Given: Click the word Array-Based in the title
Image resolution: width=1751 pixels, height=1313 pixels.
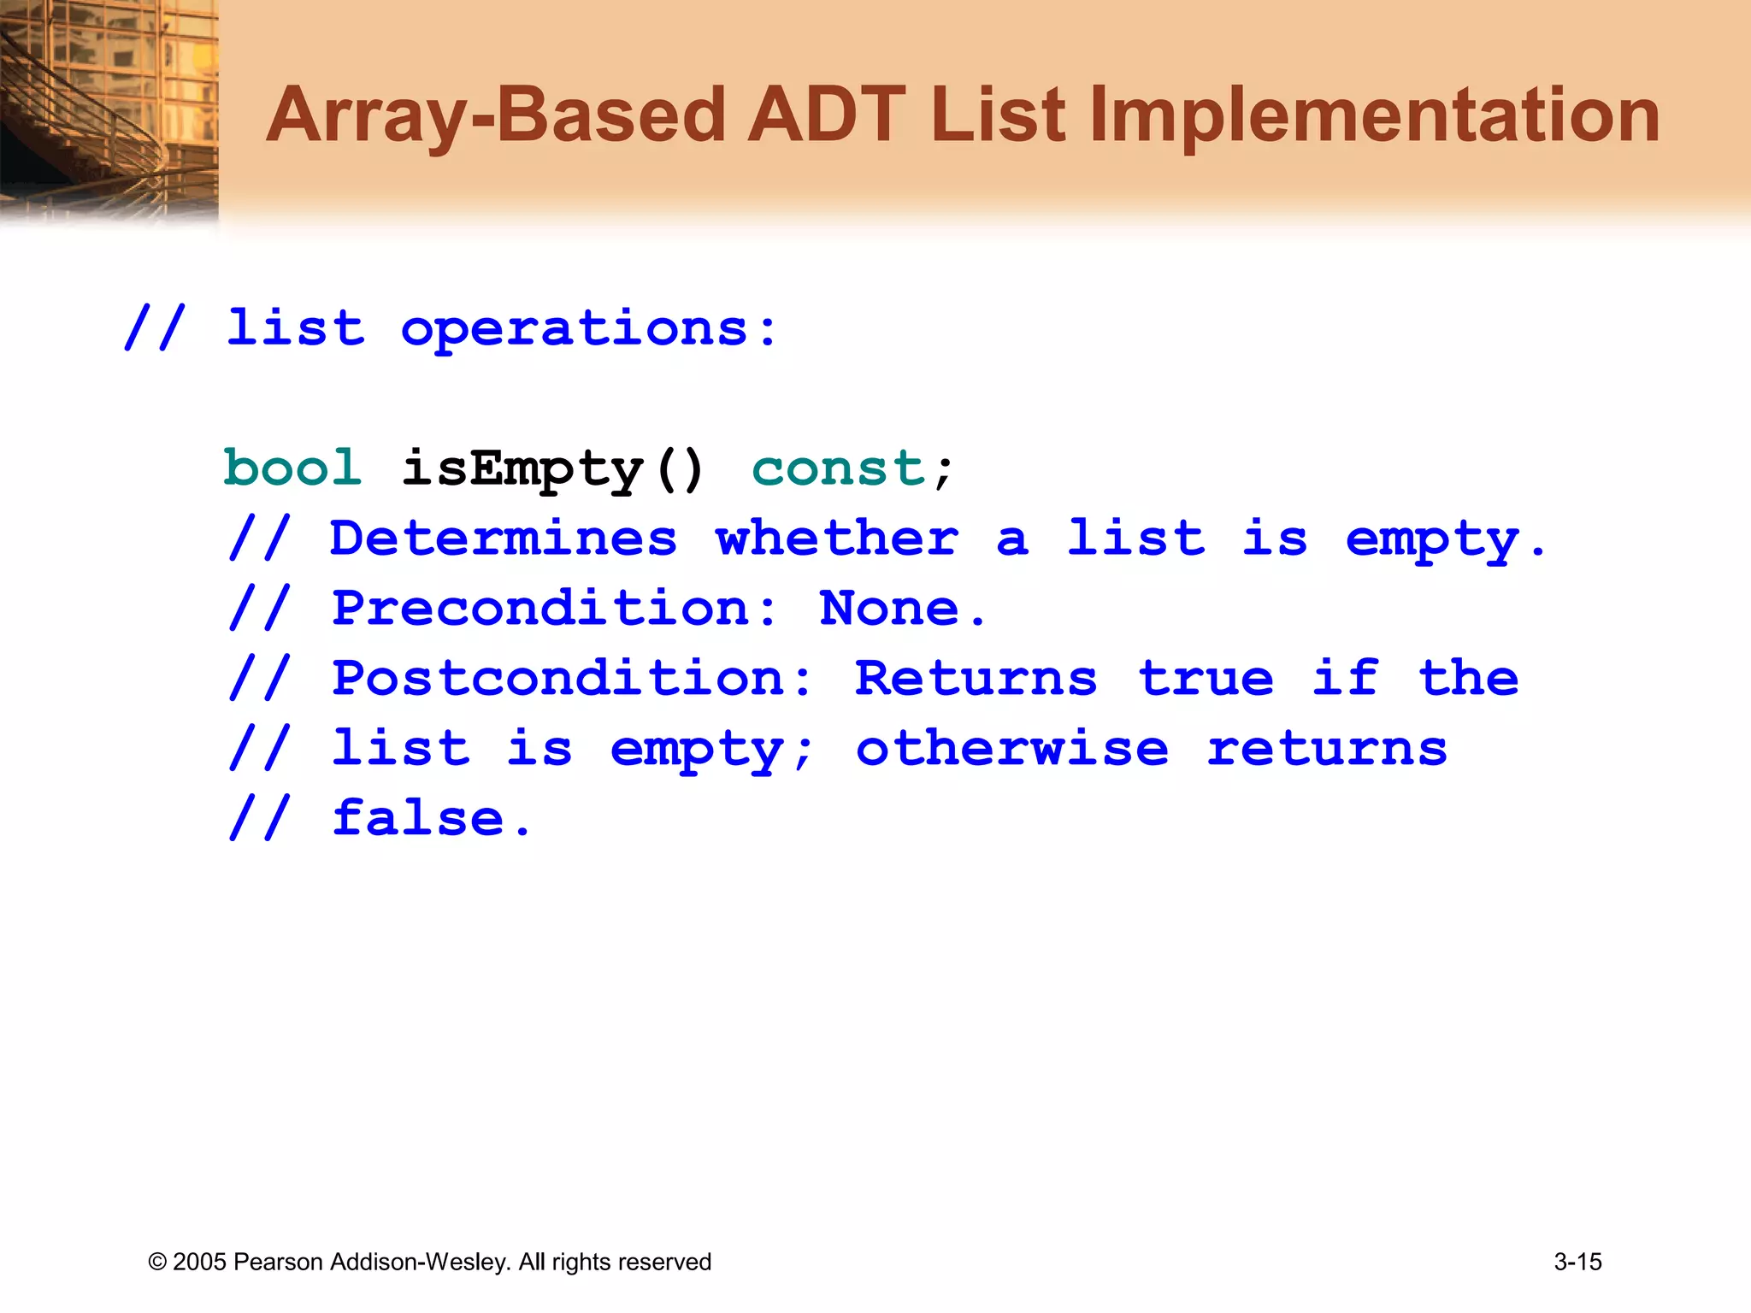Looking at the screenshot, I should (496, 115).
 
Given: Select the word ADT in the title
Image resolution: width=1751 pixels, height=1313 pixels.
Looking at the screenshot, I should (826, 115).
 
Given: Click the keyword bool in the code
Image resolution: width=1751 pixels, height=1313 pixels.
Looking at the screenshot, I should (292, 468).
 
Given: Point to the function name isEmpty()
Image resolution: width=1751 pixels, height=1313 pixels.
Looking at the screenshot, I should (552, 468).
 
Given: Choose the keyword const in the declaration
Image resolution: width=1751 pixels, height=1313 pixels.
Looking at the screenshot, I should (839, 468).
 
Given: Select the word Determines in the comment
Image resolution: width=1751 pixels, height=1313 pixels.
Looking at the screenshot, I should (504, 539).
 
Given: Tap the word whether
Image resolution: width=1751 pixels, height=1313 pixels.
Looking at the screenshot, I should (837, 539).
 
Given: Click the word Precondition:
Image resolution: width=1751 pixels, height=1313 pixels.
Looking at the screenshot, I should (555, 609).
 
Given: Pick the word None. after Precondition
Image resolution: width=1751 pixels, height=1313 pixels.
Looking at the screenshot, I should (903, 609).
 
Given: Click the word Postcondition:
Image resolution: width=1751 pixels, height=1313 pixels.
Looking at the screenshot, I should (572, 679).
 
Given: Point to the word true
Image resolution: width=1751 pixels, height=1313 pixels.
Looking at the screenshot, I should (1206, 679).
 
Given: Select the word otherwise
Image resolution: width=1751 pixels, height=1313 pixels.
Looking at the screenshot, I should (1012, 749).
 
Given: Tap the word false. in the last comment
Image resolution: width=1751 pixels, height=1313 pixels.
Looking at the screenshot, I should (432, 819).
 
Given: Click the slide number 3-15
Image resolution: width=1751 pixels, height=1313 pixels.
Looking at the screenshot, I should (1577, 1262).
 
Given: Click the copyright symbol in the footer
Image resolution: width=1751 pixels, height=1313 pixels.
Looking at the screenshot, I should (157, 1263).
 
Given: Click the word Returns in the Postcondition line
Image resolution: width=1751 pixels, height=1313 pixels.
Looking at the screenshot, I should (976, 679).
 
